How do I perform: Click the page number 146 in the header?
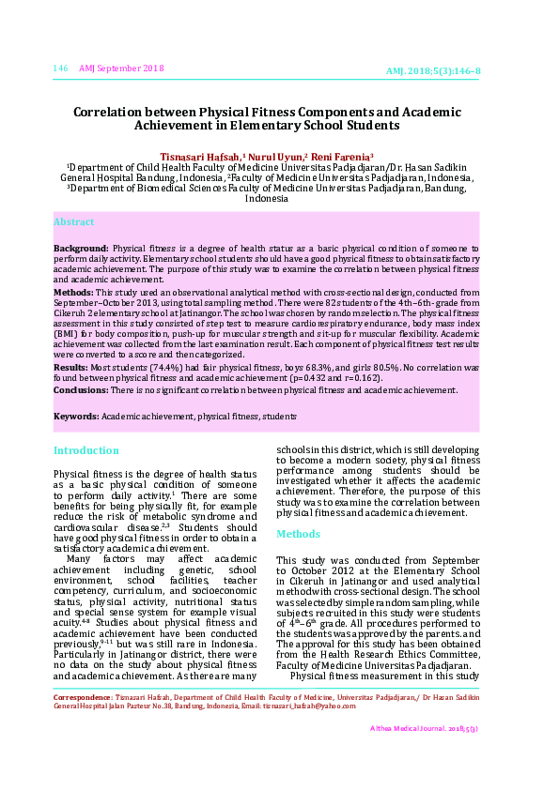61,68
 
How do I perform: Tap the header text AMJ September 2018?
121,68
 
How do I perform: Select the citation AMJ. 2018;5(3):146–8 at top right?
433,71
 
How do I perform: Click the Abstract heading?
73,222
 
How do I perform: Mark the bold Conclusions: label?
81,389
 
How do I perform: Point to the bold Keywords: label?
76,416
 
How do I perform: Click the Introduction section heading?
86,450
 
